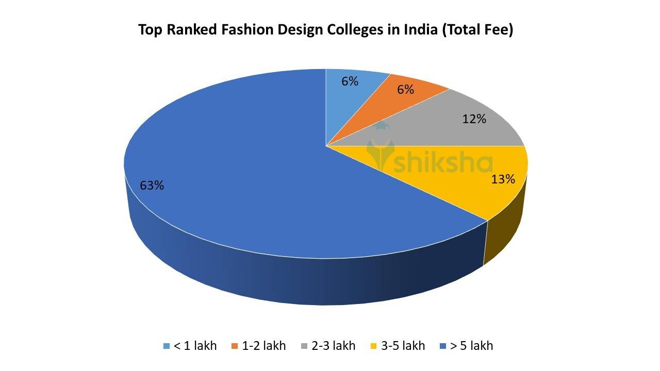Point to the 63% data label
pyautogui.click(x=152, y=185)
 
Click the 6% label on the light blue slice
pyautogui.click(x=350, y=81)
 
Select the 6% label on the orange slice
pyautogui.click(x=405, y=90)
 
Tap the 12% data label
pyautogui.click(x=474, y=119)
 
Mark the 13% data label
pyautogui.click(x=503, y=179)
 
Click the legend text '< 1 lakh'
pyautogui.click(x=195, y=346)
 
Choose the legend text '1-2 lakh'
pyautogui.click(x=263, y=346)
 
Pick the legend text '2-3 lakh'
pyautogui.click(x=333, y=346)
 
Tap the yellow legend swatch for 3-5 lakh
pyautogui.click(x=374, y=346)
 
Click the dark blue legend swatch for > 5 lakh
pyautogui.click(x=443, y=346)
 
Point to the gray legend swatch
pyautogui.click(x=305, y=346)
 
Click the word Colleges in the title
pyautogui.click(x=355, y=30)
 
